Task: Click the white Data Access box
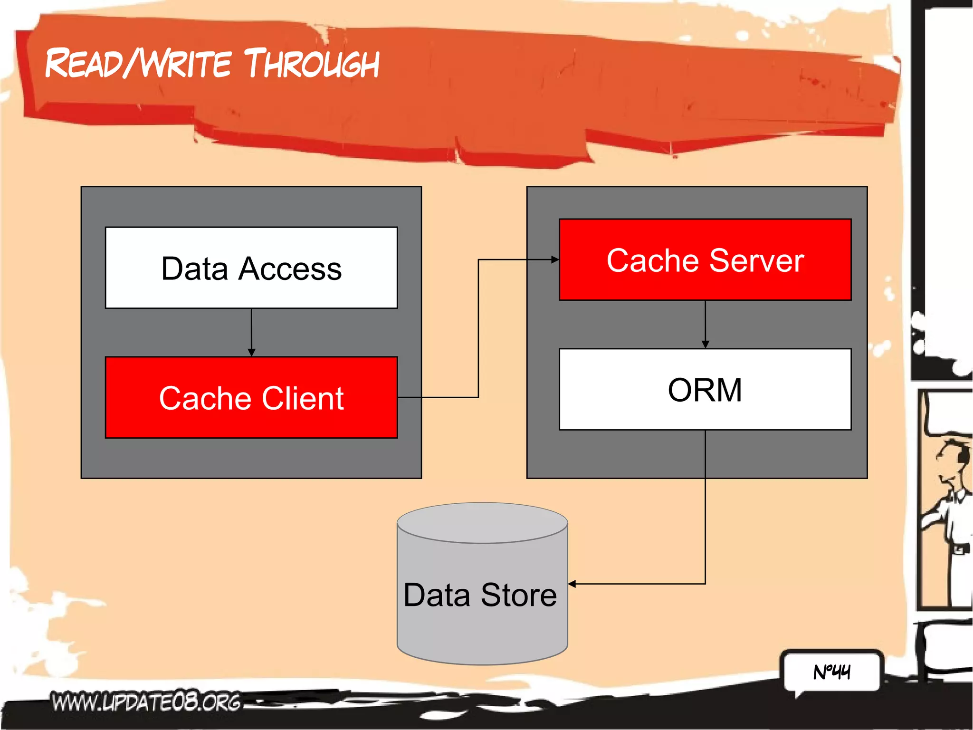251,268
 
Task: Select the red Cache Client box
251,397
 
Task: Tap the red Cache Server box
705,259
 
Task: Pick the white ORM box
705,389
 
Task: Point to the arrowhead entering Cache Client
251,353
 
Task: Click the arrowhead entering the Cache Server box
554,259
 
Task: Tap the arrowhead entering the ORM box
705,344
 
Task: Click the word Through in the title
312,64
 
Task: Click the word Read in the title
84,64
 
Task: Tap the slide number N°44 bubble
831,672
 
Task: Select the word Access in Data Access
290,269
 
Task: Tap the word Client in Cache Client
302,398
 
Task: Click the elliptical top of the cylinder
482,523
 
